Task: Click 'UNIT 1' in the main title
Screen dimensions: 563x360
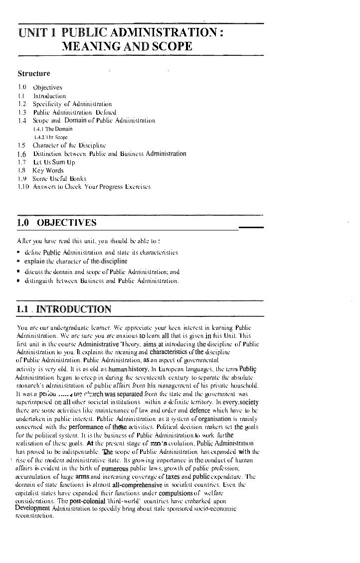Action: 36,33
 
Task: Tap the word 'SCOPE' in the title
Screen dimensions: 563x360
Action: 169,47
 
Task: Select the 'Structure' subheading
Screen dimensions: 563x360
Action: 34,74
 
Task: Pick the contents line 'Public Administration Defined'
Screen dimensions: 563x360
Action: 74,112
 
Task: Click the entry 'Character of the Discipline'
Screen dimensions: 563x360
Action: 69,145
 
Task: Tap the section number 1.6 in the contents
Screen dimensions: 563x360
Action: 21,154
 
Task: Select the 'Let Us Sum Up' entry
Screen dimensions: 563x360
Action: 54,162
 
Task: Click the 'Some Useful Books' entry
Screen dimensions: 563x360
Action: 59,178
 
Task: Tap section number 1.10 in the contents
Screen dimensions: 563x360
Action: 22,187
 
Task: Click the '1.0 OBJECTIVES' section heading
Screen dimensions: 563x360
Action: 56,223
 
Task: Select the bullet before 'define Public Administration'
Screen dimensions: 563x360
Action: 18,253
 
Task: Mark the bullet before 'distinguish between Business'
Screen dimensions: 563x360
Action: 18,281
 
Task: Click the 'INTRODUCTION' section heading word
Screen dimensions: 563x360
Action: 74,309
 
